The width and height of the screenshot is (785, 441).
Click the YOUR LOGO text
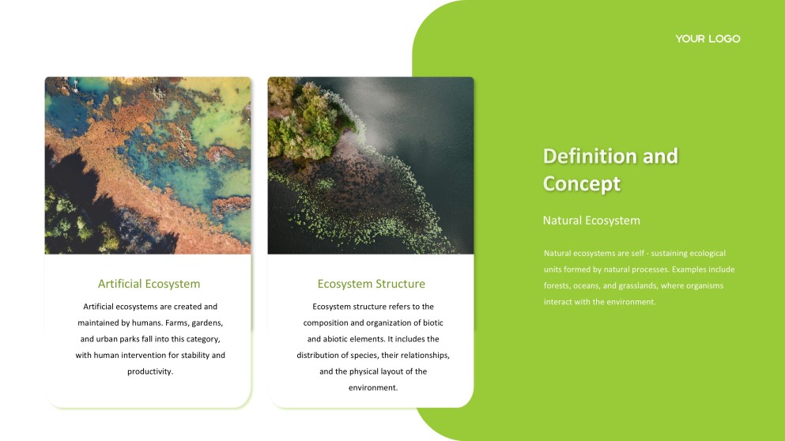pyautogui.click(x=708, y=39)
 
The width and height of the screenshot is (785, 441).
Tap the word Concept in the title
pyautogui.click(x=581, y=183)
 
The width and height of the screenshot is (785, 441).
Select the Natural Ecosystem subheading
pyautogui.click(x=591, y=220)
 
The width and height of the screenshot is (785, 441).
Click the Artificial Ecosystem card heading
pyautogui.click(x=149, y=284)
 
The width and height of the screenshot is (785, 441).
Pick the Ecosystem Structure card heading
pyautogui.click(x=371, y=284)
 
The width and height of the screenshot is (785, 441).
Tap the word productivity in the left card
pyautogui.click(x=149, y=371)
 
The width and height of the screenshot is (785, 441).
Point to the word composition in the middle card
pyautogui.click(x=325, y=322)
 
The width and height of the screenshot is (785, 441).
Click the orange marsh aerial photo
pyautogui.click(x=148, y=165)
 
